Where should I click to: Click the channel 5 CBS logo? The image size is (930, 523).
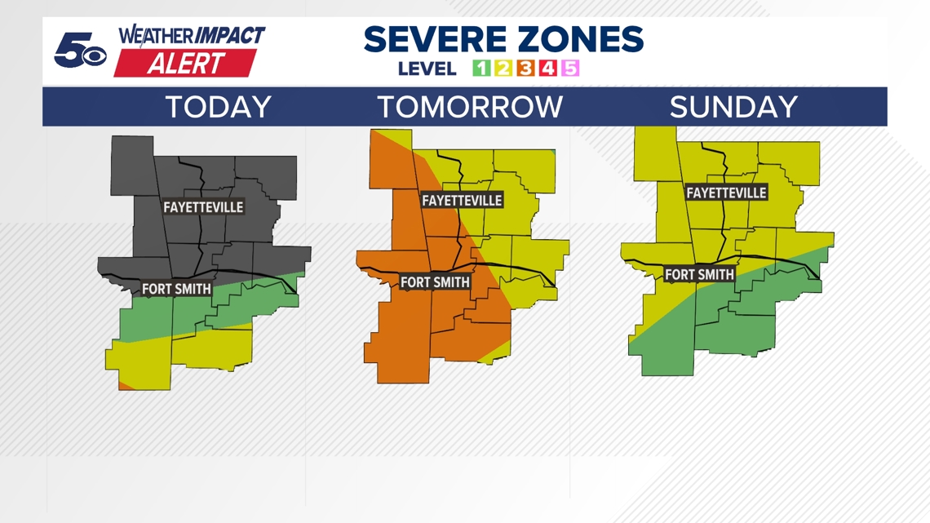79,51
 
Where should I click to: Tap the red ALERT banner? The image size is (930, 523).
185,64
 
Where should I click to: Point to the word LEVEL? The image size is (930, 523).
427,69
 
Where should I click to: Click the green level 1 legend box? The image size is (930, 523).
481,69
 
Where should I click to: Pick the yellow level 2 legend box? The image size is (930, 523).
503,69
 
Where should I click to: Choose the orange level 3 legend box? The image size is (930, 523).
525,69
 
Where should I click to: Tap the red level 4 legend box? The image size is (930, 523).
547,69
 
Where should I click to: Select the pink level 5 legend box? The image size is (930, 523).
570,69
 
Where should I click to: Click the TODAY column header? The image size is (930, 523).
218,108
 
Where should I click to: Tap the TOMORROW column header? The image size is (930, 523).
470,108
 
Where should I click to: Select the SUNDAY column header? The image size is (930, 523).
733,108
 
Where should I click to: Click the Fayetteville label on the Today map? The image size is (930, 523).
203,207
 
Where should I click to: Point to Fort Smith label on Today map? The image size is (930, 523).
176,289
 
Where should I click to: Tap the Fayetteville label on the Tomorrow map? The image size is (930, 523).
462,200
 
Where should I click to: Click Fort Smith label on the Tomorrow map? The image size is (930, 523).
435,282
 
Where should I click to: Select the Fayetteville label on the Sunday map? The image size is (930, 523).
726,193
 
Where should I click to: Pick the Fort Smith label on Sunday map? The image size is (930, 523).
699,275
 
